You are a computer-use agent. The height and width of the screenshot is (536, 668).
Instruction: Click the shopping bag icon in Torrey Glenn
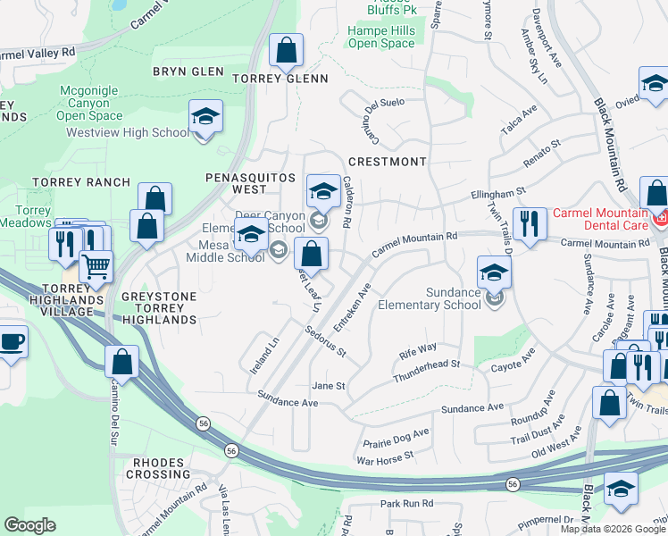[x=286, y=52]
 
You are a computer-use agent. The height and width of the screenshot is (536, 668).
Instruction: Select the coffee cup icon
[x=11, y=342]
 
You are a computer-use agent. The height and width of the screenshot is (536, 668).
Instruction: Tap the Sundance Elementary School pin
[x=494, y=273]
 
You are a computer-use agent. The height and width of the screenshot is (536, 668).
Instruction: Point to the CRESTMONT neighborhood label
[x=387, y=162]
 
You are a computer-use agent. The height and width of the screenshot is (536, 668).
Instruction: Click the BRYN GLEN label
[x=188, y=71]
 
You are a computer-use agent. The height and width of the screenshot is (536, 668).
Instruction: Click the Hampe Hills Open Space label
[x=381, y=37]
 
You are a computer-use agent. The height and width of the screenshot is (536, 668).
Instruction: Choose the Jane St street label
[x=328, y=386]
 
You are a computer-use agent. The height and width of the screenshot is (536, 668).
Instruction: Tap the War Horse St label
[x=385, y=455]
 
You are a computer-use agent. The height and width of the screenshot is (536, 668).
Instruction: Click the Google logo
[x=29, y=524]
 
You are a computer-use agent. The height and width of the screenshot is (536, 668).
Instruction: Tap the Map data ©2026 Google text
[x=612, y=529]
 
